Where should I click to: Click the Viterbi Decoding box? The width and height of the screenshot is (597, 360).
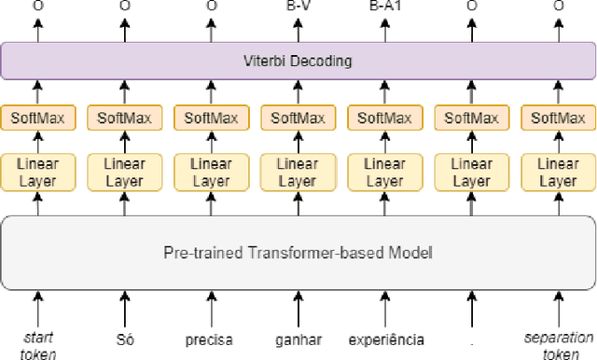pos(298,62)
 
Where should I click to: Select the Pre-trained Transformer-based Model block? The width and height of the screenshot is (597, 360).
pos(298,252)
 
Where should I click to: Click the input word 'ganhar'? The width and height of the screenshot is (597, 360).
pos(298,339)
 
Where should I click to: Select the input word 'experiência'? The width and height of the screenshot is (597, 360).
pos(385,339)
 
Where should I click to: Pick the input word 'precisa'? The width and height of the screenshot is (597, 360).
pos(211,339)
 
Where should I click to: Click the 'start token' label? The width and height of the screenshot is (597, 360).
pos(38,345)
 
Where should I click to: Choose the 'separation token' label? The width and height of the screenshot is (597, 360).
pos(559,345)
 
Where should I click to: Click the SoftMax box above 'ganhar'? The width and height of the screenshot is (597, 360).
pos(298,118)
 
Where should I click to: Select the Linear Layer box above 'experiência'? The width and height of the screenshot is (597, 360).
pos(385,172)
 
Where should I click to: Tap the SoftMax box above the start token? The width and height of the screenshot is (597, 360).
pos(38,118)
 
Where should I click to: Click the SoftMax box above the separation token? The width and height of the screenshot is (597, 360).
pos(559,118)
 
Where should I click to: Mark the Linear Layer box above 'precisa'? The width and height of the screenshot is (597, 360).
pos(211,172)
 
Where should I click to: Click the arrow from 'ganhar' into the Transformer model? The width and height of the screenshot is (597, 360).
pos(298,308)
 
